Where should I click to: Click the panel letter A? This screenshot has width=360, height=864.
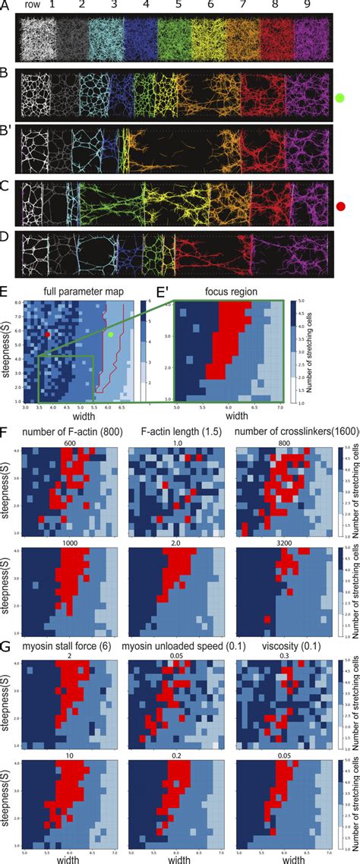coord(6,6)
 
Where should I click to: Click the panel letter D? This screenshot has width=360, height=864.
coord(6,238)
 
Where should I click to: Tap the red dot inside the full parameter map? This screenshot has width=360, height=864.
coord(48,334)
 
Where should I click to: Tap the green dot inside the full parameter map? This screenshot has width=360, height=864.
coord(111,335)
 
